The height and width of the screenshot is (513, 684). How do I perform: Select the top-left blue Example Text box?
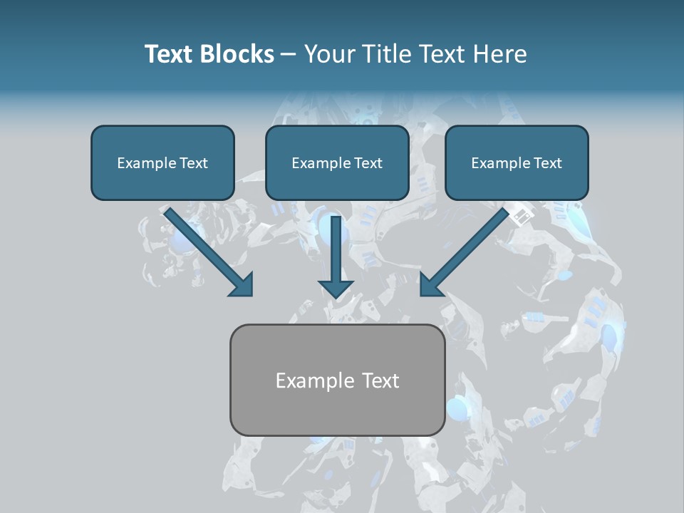(x=162, y=163)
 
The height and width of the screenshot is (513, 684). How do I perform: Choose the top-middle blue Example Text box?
(x=337, y=163)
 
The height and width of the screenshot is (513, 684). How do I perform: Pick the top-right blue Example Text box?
(x=517, y=163)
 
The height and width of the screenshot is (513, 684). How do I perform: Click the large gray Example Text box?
(x=337, y=380)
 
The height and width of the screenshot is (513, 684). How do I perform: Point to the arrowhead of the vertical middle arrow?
(x=336, y=288)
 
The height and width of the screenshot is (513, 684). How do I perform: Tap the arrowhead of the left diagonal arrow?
(x=242, y=286)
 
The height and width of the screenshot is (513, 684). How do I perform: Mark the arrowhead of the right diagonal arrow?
(x=429, y=286)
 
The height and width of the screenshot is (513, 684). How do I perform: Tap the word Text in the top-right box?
(x=548, y=163)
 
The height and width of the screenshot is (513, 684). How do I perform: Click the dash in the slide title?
(x=289, y=55)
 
